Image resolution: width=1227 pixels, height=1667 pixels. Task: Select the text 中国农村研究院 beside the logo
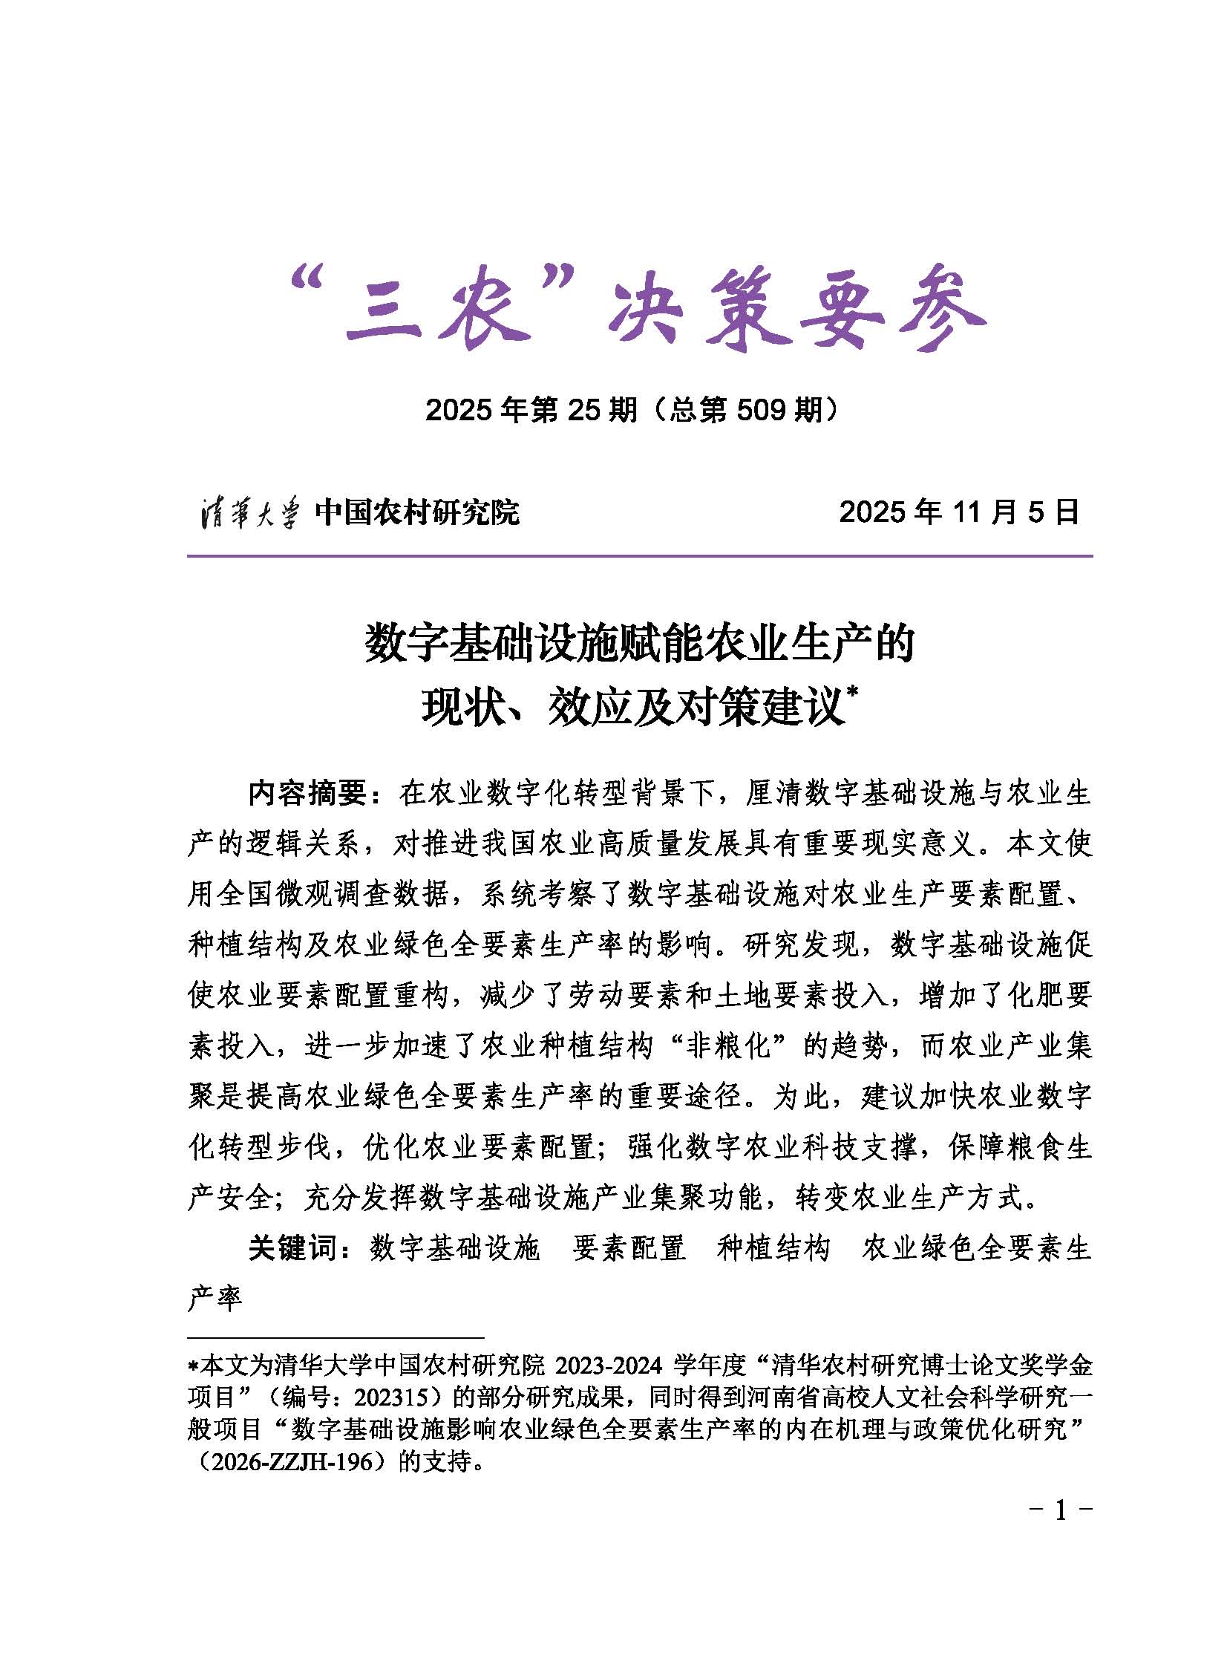click(x=416, y=512)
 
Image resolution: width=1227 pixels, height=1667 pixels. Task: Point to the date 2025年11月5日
click(x=959, y=512)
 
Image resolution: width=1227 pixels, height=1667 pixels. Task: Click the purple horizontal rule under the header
click(x=639, y=555)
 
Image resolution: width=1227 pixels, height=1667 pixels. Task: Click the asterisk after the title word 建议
click(x=852, y=693)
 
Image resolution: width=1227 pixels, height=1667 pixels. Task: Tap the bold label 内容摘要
click(x=309, y=794)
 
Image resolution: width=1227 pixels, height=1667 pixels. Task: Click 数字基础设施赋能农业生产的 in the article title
click(x=639, y=644)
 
